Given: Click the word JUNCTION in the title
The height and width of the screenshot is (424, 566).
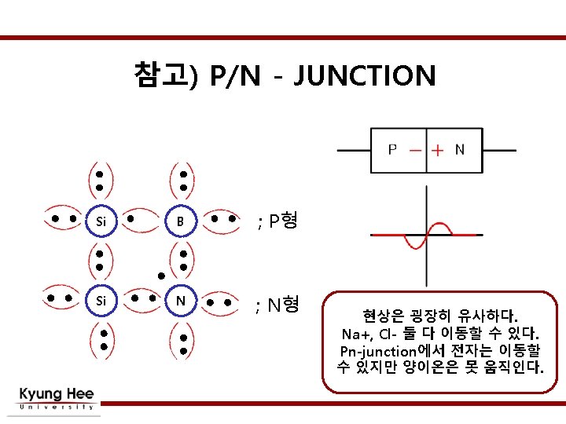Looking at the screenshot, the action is [367, 76].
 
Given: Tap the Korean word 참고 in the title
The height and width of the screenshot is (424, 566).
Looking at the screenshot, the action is [160, 75].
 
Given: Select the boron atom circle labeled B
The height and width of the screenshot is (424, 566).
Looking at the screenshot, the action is [180, 221].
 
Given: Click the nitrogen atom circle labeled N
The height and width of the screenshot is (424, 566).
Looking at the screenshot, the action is [180, 300].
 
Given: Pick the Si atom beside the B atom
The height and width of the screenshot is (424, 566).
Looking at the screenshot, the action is [100, 221].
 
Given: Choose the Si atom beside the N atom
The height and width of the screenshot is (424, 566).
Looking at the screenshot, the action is [100, 300].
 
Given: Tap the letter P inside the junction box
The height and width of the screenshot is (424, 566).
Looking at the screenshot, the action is [392, 149].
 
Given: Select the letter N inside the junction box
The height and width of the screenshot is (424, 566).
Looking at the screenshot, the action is [459, 149].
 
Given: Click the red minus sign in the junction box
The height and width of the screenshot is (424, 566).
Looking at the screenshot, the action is [416, 149].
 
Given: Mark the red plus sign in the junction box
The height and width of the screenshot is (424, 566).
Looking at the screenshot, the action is [437, 149].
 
